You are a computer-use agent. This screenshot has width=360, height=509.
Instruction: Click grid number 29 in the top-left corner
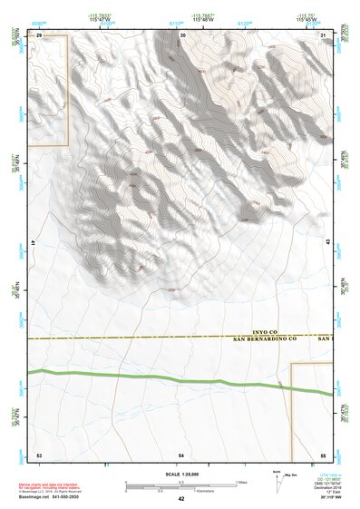pyautogui.click(x=39, y=34)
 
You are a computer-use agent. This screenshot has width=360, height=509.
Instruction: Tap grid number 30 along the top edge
pyautogui.click(x=183, y=34)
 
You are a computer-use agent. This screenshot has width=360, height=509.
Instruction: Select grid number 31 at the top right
pyautogui.click(x=324, y=34)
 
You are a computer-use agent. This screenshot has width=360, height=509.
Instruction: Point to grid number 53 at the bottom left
pyautogui.click(x=39, y=453)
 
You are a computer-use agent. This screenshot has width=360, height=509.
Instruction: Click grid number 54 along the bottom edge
pyautogui.click(x=181, y=453)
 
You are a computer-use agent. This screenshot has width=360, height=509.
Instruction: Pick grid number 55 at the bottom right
pyautogui.click(x=323, y=453)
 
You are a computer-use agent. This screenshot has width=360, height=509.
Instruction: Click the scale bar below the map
pyautogui.click(x=181, y=485)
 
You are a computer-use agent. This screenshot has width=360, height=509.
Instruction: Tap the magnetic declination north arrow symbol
pyautogui.click(x=278, y=482)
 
